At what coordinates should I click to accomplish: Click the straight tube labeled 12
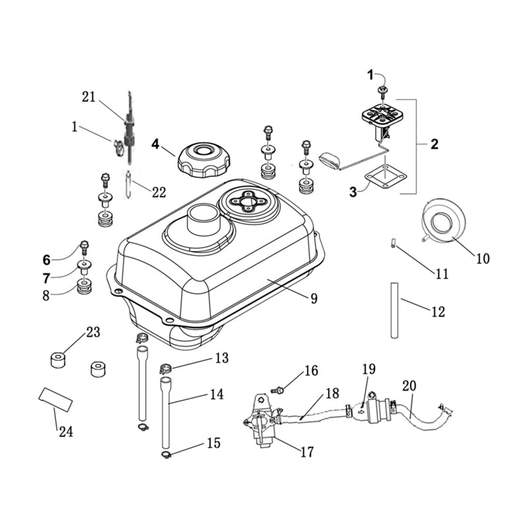[394, 310]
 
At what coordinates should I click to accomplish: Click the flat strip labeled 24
[55, 399]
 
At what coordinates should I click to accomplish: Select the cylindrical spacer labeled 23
[58, 360]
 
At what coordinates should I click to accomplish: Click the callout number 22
[158, 192]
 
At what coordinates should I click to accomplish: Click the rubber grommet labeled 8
[84, 287]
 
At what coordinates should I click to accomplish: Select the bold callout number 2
[434, 144]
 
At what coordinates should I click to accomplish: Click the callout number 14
[216, 395]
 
